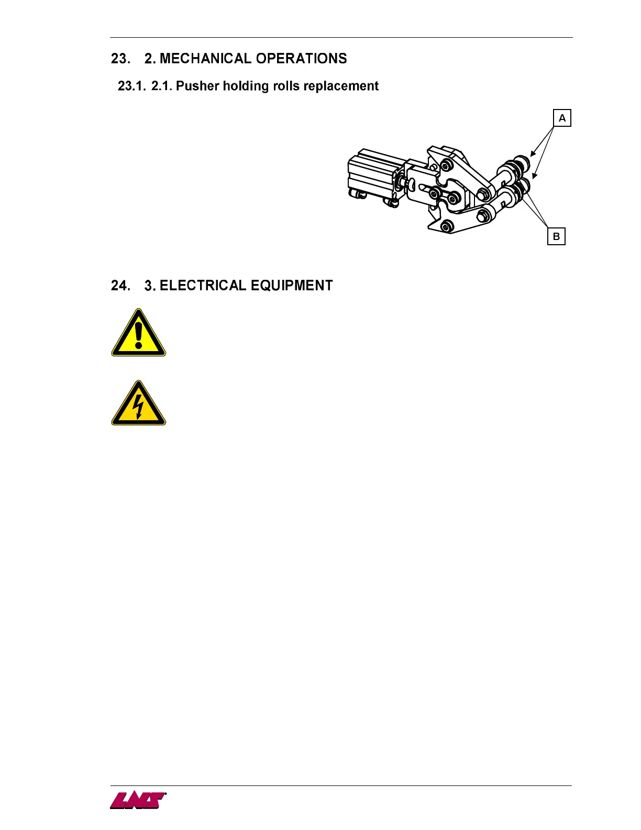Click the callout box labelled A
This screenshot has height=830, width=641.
(x=562, y=118)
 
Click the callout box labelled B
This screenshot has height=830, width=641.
(x=556, y=236)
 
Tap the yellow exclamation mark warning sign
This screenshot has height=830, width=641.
(x=138, y=333)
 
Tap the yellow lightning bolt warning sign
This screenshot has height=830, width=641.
(x=138, y=403)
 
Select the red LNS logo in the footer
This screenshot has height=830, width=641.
(x=138, y=800)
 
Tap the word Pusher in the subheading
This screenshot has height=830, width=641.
(x=197, y=86)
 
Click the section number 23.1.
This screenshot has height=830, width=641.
(x=131, y=86)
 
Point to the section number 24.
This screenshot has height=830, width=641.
(x=120, y=286)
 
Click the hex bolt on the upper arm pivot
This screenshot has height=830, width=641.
(x=484, y=195)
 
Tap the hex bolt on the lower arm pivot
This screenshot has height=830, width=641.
(x=484, y=214)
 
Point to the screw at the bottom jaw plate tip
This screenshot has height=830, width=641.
(x=446, y=226)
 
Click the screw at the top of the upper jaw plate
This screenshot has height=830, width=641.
(x=446, y=166)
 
